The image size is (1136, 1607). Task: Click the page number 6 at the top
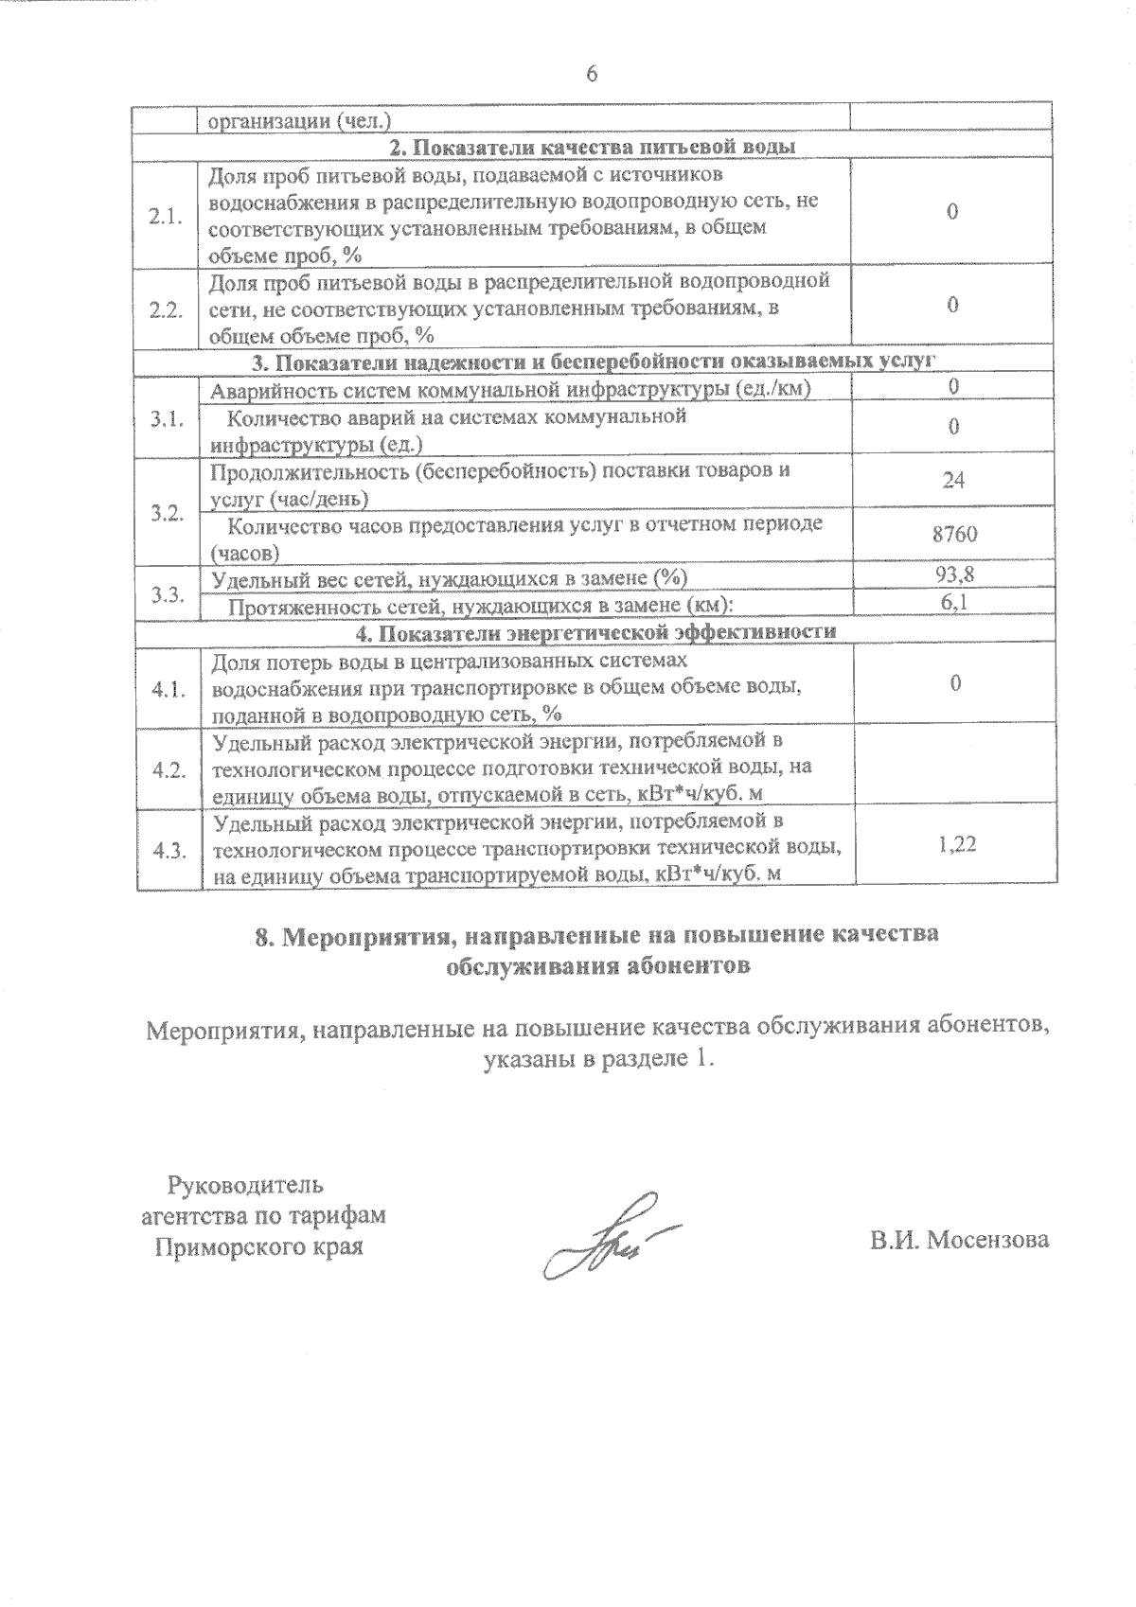tap(592, 75)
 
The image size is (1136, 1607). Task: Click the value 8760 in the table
tap(954, 535)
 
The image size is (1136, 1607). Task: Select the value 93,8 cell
tap(954, 574)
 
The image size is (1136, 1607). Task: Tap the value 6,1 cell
tap(954, 602)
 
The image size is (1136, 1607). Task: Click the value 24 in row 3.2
tap(953, 481)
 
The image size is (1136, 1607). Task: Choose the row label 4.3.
tap(168, 850)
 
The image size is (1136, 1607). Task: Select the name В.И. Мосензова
tap(959, 1240)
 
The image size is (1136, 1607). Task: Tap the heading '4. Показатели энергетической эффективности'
tap(595, 631)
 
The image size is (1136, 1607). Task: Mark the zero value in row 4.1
tap(956, 683)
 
